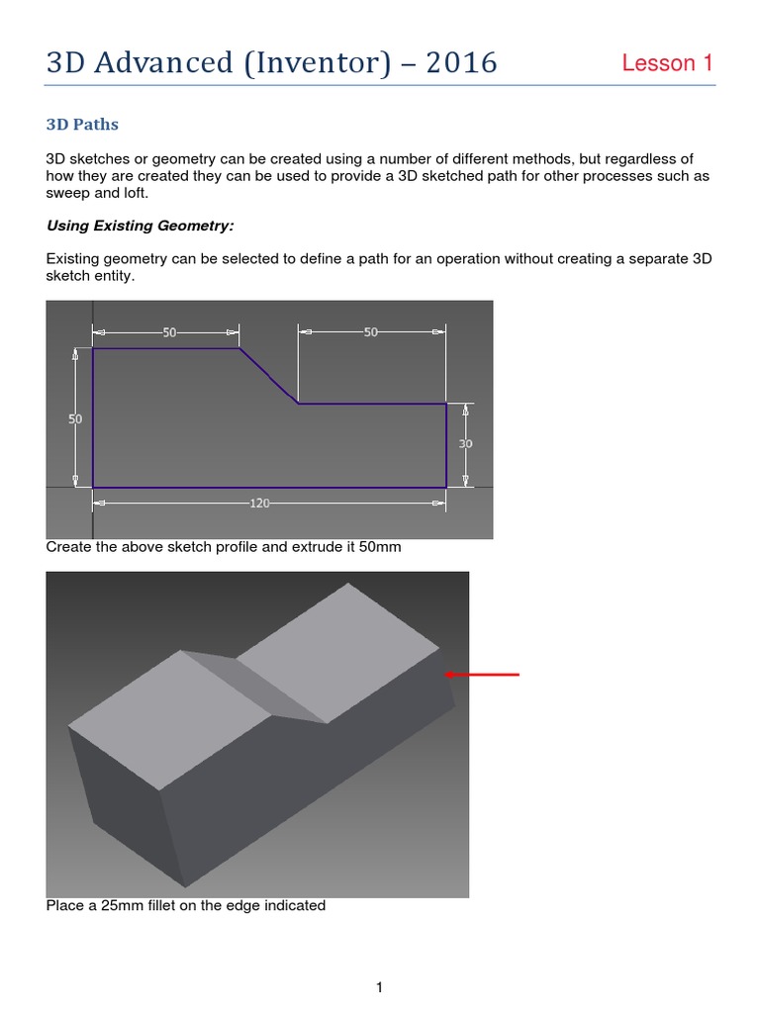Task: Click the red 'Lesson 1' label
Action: pos(667,63)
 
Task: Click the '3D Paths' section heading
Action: pos(82,125)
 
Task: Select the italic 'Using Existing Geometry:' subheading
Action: pos(140,226)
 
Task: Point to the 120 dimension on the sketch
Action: pos(259,503)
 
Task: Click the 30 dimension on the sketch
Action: pos(465,444)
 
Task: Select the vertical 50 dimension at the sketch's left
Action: pos(75,418)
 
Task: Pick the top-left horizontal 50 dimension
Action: pos(169,332)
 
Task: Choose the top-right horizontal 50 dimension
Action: pos(371,332)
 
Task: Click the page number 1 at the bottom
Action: pos(379,960)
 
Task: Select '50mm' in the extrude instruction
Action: pos(380,547)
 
